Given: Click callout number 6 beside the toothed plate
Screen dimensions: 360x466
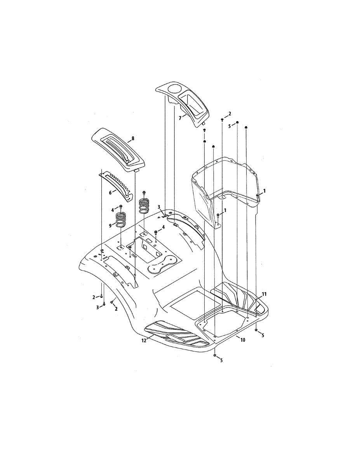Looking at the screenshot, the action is (110, 193).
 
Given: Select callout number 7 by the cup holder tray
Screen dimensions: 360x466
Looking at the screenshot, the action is (180, 118).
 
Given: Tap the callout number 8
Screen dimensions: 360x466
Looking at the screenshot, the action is (133, 139).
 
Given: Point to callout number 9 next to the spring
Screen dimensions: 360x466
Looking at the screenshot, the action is (110, 226).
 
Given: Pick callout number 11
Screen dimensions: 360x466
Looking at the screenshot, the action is (264, 294).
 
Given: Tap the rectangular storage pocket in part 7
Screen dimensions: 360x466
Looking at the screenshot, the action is (192, 103).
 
